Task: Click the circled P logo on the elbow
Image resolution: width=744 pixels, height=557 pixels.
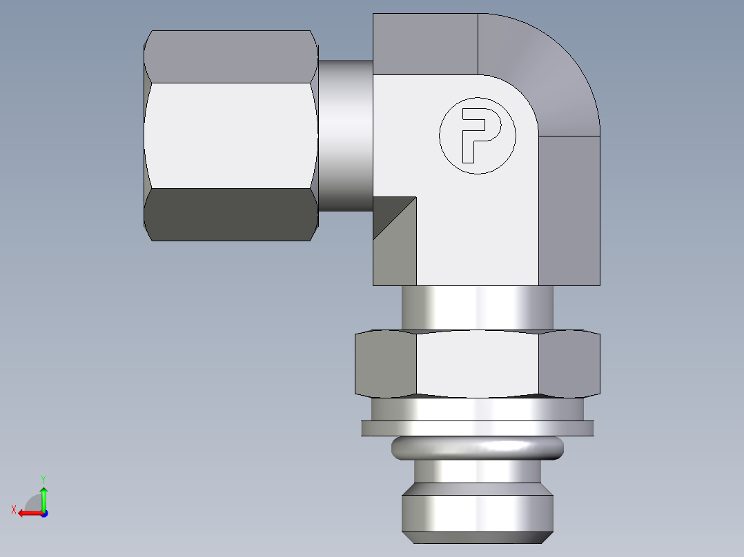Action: click(x=478, y=135)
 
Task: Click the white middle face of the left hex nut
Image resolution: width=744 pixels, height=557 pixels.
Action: click(x=231, y=135)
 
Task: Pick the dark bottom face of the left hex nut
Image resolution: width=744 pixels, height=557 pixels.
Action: click(x=231, y=214)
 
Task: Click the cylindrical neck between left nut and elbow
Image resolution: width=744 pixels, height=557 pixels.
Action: click(x=345, y=135)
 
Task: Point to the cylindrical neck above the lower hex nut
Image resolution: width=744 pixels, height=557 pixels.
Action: click(x=478, y=309)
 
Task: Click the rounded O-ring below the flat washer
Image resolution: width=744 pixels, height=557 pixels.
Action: click(x=478, y=449)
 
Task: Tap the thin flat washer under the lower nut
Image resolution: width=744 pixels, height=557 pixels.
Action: click(x=478, y=428)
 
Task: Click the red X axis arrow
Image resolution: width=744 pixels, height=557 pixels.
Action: click(x=26, y=513)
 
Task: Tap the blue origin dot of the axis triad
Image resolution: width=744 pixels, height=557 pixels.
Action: click(x=43, y=513)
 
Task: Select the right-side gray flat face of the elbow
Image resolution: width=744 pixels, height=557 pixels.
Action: click(x=569, y=210)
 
